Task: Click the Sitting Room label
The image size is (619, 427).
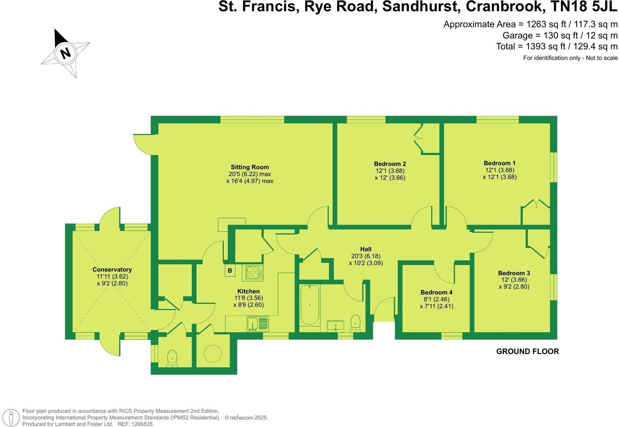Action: tap(250, 167)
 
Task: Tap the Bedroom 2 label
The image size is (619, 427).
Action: tap(390, 164)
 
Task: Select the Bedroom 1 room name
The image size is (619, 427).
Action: tap(499, 163)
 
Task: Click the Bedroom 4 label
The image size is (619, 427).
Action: tap(436, 292)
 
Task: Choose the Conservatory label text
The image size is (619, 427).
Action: tap(112, 269)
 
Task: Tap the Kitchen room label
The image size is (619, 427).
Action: tap(248, 291)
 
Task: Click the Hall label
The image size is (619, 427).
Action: tap(366, 249)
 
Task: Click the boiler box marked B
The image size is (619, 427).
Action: tap(230, 271)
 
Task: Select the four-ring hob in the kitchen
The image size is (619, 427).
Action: tap(255, 272)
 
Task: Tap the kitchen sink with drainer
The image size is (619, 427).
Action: tap(258, 324)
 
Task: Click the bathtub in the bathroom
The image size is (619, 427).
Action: tap(309, 305)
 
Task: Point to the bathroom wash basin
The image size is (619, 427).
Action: tap(335, 325)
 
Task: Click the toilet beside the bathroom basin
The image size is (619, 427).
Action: tap(355, 323)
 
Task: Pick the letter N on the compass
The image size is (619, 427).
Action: tap(65, 53)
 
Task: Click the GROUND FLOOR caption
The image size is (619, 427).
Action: tap(527, 351)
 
